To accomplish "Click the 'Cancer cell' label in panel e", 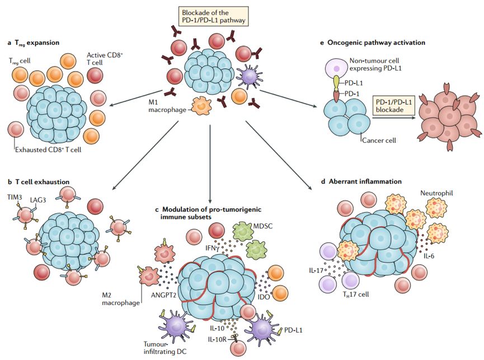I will coord(379,140).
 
